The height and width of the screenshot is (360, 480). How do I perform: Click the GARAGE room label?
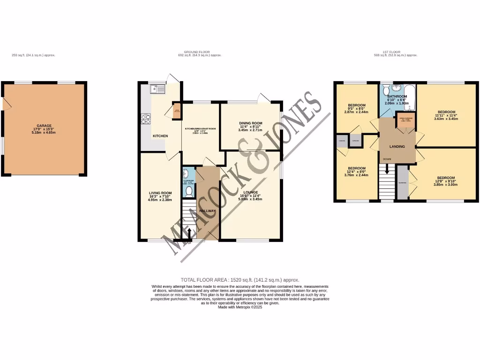(x=44, y=126)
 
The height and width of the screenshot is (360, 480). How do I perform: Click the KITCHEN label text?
(x=160, y=136)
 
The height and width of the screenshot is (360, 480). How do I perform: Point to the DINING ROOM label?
(x=251, y=123)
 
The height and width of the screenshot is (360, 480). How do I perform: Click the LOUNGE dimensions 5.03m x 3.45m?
(x=250, y=199)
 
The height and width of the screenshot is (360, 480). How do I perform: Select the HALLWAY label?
(x=208, y=211)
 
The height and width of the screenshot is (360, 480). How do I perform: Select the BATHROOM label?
(x=397, y=97)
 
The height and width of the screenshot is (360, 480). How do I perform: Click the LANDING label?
(x=397, y=146)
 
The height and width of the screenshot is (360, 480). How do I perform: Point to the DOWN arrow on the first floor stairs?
(x=387, y=159)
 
